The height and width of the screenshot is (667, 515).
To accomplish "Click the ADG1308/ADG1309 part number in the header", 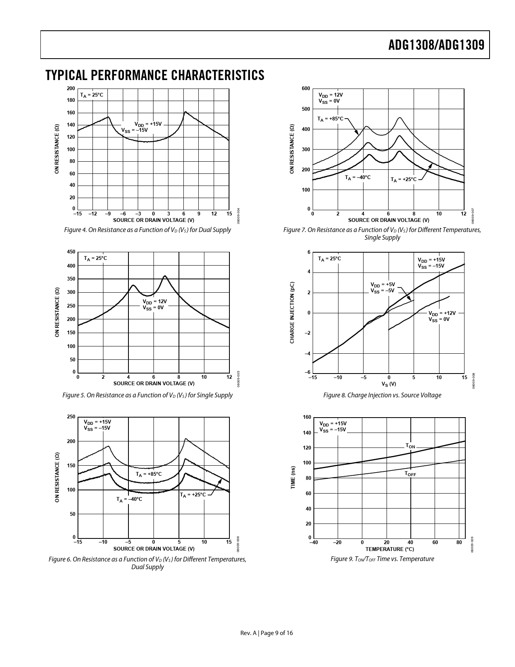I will [x=436, y=45].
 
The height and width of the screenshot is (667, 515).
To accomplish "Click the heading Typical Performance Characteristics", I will [x=155, y=75].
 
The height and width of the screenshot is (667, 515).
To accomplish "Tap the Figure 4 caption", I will [x=147, y=230].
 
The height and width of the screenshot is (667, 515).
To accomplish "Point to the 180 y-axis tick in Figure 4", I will [x=71, y=100].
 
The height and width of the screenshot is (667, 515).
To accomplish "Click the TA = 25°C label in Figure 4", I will [x=92, y=95].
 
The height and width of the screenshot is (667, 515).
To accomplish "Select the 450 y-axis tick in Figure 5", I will [x=71, y=252].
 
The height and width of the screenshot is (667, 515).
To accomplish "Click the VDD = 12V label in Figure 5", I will [x=155, y=302].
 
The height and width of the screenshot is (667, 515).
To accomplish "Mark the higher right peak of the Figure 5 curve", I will [x=165, y=276].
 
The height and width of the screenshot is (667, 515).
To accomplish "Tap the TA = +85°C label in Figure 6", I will [x=149, y=474].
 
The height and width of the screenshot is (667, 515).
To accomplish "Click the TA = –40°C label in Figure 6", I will [x=129, y=499].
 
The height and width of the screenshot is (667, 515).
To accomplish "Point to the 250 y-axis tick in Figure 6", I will [x=71, y=417].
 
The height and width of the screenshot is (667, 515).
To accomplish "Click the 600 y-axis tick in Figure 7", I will [x=306, y=89].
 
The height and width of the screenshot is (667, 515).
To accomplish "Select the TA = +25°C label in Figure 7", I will [x=404, y=179].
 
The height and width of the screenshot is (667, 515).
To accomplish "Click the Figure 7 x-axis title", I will [x=389, y=220].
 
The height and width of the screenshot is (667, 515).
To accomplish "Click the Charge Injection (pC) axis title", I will [x=292, y=312].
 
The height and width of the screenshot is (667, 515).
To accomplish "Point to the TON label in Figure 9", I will [x=410, y=446].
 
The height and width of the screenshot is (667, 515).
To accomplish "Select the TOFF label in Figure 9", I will [x=410, y=474].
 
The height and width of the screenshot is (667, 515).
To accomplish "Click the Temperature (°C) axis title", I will [x=389, y=549].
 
